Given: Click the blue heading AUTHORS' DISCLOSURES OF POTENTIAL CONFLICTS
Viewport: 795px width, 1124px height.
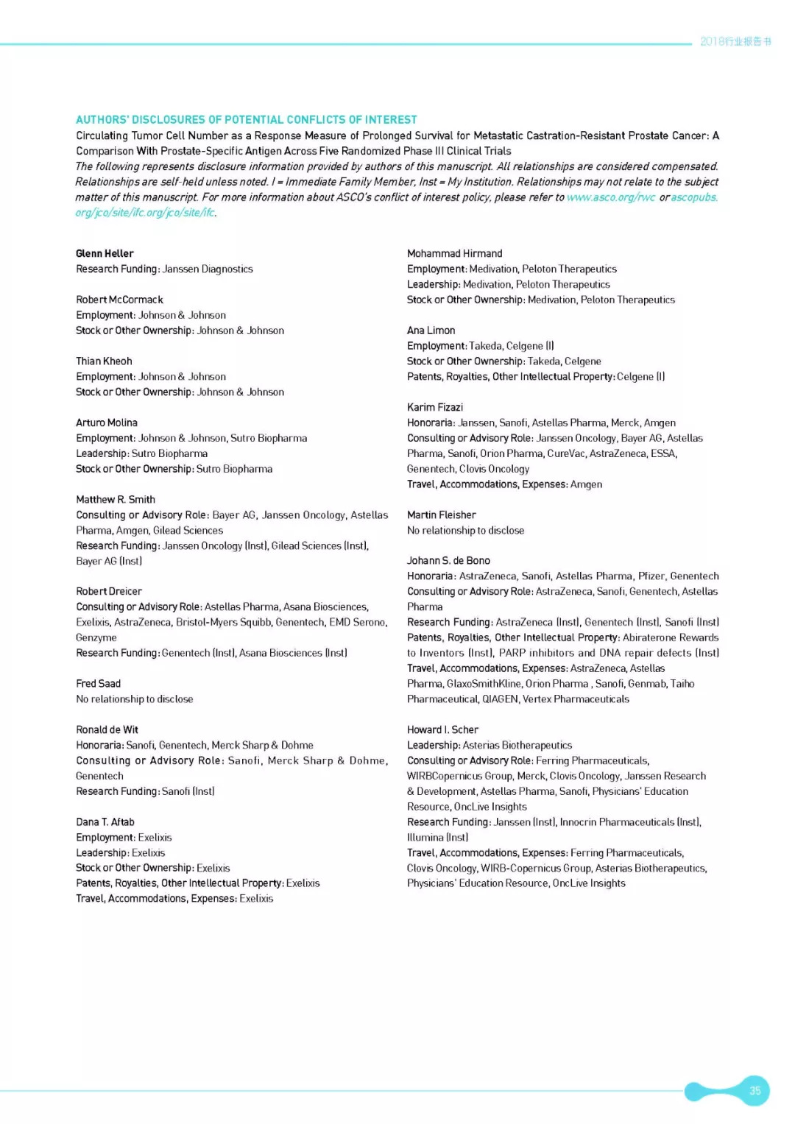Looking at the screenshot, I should click(x=246, y=119).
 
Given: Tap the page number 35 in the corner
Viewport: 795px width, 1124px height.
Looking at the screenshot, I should click(x=755, y=1090).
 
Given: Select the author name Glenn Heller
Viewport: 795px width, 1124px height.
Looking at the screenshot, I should click(x=105, y=253).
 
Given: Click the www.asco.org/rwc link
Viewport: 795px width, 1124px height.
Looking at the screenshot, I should click(x=610, y=197).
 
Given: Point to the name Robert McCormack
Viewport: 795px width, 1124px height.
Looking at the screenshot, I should click(x=119, y=300).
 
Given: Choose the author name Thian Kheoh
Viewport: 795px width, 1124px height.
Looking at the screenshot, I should click(x=104, y=361).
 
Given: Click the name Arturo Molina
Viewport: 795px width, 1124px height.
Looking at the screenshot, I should click(x=107, y=423).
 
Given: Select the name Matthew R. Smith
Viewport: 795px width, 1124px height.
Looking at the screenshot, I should click(x=116, y=499).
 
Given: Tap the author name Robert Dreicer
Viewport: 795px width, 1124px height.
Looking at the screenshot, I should click(x=109, y=591).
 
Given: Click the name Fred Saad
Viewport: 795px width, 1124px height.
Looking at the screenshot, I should click(x=98, y=683).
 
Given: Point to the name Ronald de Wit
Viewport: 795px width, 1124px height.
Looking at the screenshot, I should click(x=107, y=729).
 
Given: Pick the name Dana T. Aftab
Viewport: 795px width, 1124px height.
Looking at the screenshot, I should click(x=105, y=821).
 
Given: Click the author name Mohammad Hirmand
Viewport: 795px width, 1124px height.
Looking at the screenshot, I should click(x=454, y=253).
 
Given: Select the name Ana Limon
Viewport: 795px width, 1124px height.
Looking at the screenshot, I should click(x=431, y=331).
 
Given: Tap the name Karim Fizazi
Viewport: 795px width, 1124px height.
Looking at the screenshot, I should click(x=435, y=407).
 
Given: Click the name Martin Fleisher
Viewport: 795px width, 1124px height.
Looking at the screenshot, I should click(x=441, y=515).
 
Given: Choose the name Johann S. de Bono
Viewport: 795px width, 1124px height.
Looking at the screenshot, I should click(x=448, y=560).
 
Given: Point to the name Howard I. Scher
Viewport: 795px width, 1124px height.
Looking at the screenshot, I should click(x=442, y=729).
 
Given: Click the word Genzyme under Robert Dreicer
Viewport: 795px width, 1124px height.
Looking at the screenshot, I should click(x=96, y=637).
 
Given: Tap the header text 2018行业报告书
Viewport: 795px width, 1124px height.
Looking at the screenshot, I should click(x=735, y=41).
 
